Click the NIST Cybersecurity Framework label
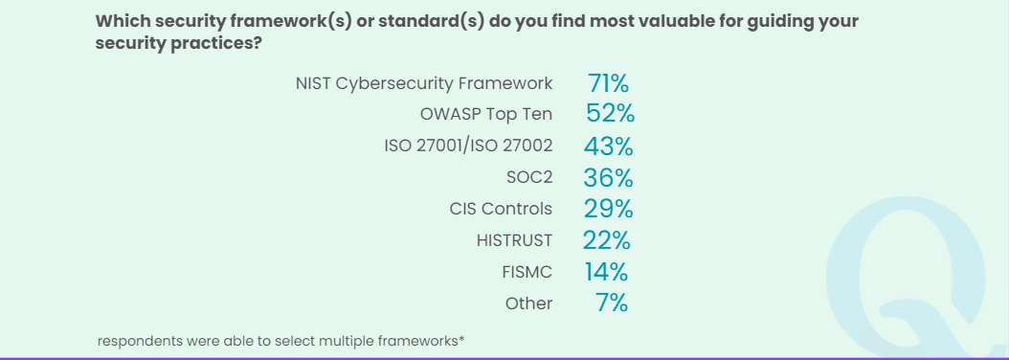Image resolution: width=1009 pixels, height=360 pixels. click(424, 83)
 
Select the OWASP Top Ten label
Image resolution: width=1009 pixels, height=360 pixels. click(485, 114)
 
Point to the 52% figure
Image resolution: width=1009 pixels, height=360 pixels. click(610, 114)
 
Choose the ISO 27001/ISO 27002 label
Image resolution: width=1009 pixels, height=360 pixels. click(468, 146)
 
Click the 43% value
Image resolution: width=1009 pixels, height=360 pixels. click(609, 146)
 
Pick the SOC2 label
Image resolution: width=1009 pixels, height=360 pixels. click(529, 177)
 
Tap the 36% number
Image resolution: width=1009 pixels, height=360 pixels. click(609, 177)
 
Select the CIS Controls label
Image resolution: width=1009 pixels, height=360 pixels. click(501, 209)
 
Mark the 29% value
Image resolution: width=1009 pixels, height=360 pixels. click(609, 209)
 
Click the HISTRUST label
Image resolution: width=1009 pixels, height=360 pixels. click(514, 240)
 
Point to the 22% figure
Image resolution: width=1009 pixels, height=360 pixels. click(608, 240)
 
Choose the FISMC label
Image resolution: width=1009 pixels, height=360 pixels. click(527, 272)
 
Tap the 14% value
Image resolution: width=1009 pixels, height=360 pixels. click(607, 272)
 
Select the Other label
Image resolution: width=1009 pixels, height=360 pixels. click(528, 304)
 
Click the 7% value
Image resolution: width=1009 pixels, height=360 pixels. click(612, 304)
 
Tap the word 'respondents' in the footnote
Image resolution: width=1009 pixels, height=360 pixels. click(140, 341)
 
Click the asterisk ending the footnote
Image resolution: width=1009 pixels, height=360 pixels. click(462, 338)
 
